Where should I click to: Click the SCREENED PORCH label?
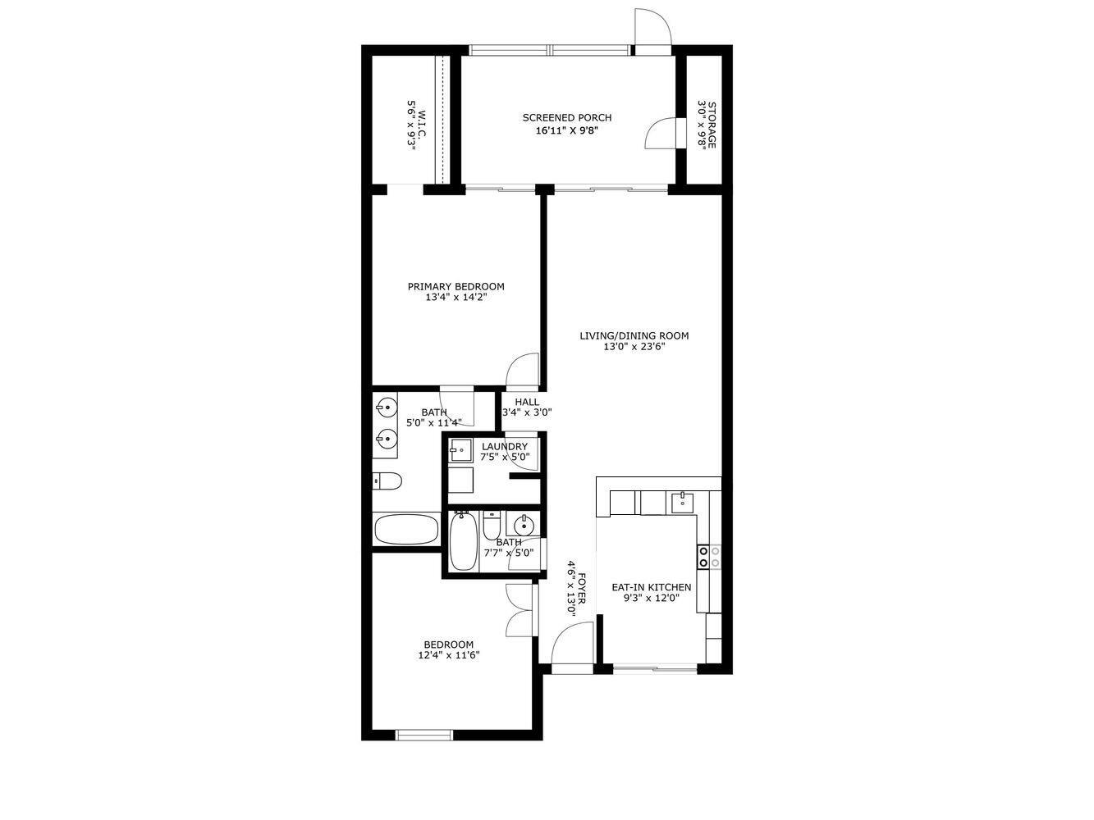coord(566,118)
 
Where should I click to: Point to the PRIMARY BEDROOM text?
coord(455,287)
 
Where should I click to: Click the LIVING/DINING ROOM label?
coord(634,335)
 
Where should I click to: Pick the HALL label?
coord(527,402)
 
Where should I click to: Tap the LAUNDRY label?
coord(505,447)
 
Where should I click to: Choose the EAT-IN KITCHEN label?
coord(651,587)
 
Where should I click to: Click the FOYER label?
coord(581,589)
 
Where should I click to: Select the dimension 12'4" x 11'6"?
coord(448,655)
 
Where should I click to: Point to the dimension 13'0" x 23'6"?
coord(634,347)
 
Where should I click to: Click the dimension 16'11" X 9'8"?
coord(566,130)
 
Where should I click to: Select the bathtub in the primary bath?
coord(407,529)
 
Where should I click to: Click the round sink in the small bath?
coord(521,524)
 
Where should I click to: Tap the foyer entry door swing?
coord(573,643)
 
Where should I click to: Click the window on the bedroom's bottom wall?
coord(424,735)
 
